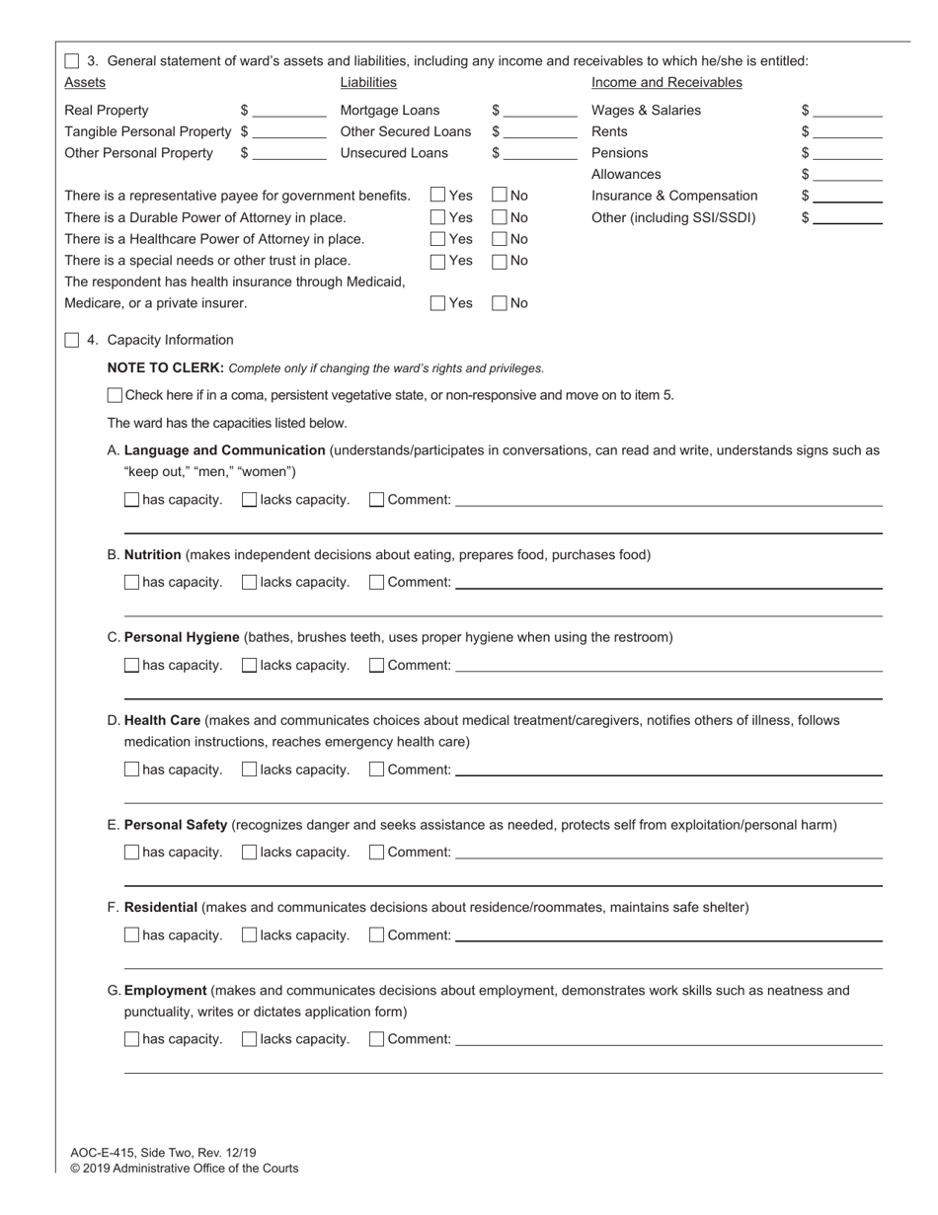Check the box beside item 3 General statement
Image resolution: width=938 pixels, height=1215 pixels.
coord(72,61)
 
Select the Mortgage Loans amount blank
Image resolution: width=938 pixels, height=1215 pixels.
coord(540,112)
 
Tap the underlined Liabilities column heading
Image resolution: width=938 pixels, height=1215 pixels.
coord(368,83)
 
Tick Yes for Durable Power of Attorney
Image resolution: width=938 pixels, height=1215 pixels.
coord(438,217)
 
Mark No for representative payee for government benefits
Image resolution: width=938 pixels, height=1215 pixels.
coord(500,196)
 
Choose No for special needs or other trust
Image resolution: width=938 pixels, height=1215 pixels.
coord(500,261)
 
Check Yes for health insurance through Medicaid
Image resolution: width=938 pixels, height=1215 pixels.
coord(438,303)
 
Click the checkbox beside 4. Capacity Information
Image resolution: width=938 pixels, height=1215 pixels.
coord(72,340)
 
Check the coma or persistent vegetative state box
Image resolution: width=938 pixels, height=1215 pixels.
coord(115,395)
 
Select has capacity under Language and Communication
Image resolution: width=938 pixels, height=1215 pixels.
coord(132,500)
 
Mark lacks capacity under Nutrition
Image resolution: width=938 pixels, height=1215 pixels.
coord(249,583)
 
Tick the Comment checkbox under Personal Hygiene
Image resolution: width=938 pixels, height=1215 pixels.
coord(376,665)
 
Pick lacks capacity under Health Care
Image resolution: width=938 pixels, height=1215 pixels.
coord(249,769)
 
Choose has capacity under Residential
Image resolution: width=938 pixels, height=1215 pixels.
coord(132,935)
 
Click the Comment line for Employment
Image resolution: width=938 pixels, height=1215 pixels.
coord(668,1040)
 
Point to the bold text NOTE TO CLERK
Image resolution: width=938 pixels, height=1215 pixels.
coord(165,368)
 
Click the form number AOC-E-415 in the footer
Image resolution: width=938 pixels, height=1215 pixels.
coord(103,1153)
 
